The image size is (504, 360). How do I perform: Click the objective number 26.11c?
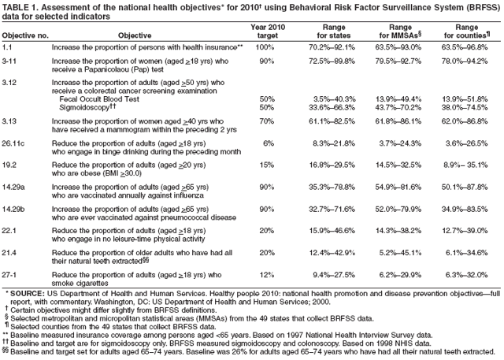coord(17,143)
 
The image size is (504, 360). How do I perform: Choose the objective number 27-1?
coord(13,273)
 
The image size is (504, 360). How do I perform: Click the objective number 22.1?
coord(11,229)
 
